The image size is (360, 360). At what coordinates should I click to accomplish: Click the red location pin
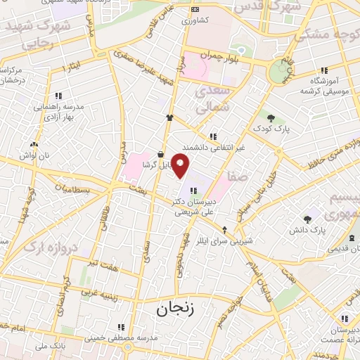coord(181,166)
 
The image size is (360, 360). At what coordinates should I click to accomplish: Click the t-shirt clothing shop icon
coord(169,118)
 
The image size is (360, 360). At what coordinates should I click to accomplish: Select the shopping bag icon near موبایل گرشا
coord(161,154)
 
